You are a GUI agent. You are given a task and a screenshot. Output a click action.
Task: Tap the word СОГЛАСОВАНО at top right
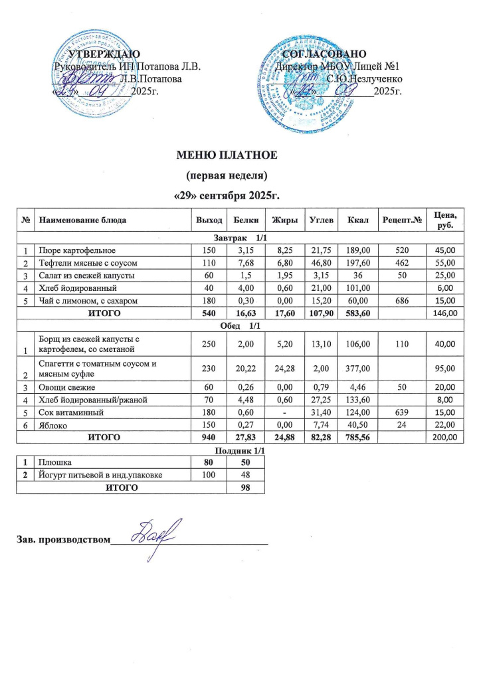point(324,54)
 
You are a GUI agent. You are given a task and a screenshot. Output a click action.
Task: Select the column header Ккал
point(349,219)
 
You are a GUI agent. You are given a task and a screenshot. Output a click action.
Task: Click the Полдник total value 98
point(245,487)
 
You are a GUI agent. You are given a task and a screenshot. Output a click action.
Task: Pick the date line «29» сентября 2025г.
point(225,197)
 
